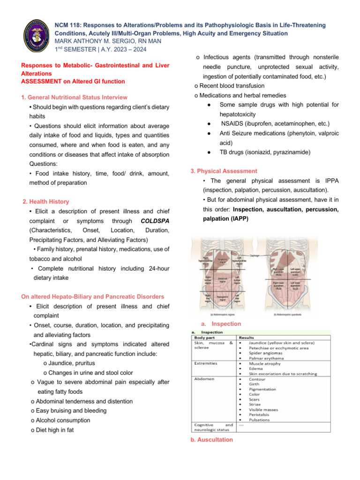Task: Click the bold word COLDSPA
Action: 155,220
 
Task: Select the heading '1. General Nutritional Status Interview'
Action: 74,97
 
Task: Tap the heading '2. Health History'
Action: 46,202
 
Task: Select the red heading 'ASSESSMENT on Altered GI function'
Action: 73,82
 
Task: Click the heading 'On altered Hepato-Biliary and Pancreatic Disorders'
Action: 93,297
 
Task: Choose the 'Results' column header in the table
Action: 248,337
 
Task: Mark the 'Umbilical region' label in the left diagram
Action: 223,280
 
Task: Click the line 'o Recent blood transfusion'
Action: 229,86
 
